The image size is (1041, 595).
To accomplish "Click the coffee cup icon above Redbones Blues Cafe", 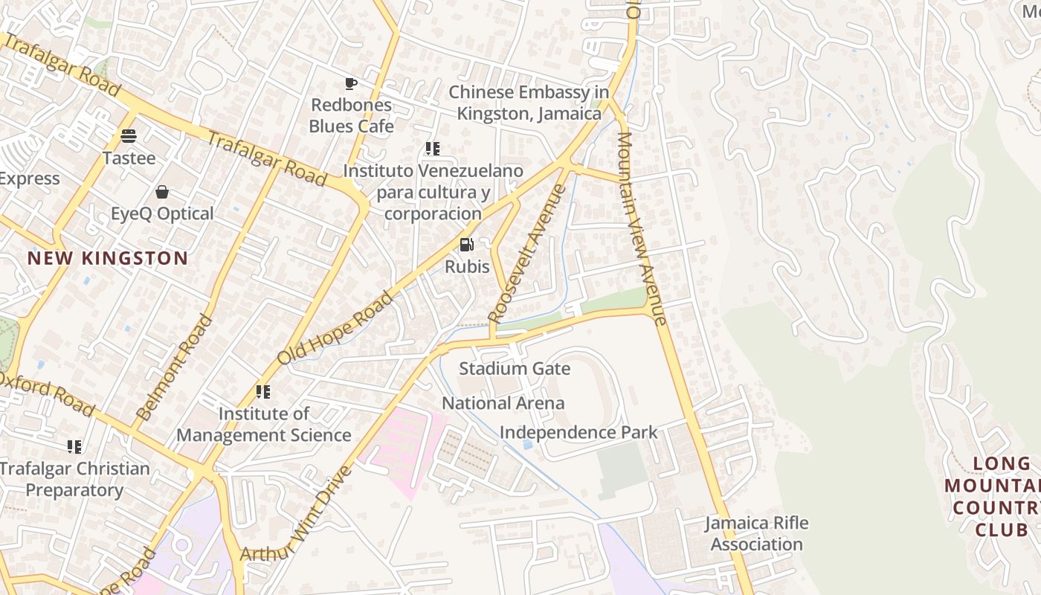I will pyautogui.click(x=351, y=83).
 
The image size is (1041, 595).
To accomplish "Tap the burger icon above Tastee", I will pyautogui.click(x=129, y=136).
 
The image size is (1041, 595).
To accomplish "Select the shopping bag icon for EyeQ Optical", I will pyautogui.click(x=162, y=192).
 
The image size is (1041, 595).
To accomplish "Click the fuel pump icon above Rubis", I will pyautogui.click(x=467, y=245).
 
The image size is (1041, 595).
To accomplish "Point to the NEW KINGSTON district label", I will pyautogui.click(x=108, y=258).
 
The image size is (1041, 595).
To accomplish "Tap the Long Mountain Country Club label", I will pyautogui.click(x=993, y=497).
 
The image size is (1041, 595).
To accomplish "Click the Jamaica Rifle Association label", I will pyautogui.click(x=756, y=533).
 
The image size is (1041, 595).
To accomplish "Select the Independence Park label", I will pyautogui.click(x=578, y=432).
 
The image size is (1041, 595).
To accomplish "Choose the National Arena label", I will pyautogui.click(x=503, y=403).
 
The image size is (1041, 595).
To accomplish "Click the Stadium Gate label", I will pyautogui.click(x=514, y=368).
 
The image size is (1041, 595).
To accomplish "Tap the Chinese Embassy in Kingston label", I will pyautogui.click(x=529, y=103).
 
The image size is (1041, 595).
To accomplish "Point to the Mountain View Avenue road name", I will pyautogui.click(x=641, y=228).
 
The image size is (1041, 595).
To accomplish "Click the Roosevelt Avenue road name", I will pyautogui.click(x=527, y=253).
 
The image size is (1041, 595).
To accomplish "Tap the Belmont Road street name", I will pyautogui.click(x=175, y=368).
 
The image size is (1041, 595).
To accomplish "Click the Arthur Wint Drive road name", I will pyautogui.click(x=295, y=514).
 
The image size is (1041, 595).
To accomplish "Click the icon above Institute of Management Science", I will pyautogui.click(x=263, y=391).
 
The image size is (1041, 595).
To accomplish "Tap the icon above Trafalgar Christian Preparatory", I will pyautogui.click(x=74, y=446).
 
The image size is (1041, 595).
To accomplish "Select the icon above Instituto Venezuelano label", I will pyautogui.click(x=433, y=149).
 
